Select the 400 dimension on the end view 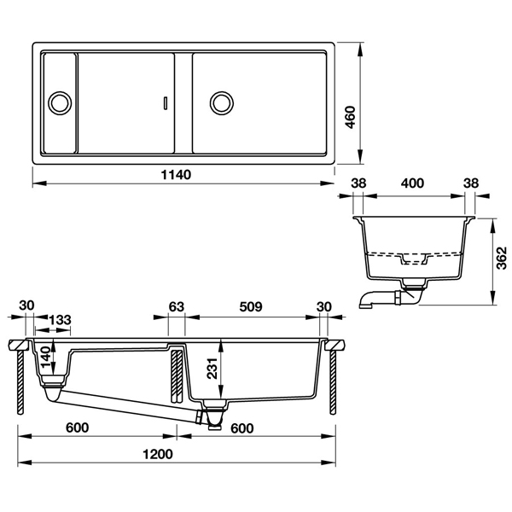click(x=413, y=183)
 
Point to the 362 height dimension click(x=503, y=262)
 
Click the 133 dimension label click(x=59, y=319)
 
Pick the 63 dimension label click(x=177, y=305)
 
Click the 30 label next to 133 click(x=25, y=305)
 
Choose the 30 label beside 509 click(x=323, y=305)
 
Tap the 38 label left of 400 click(x=358, y=183)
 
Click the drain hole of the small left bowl click(x=61, y=102)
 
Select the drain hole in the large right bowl click(x=221, y=102)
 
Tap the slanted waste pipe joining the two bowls click(x=128, y=400)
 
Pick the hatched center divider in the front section click(x=176, y=375)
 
